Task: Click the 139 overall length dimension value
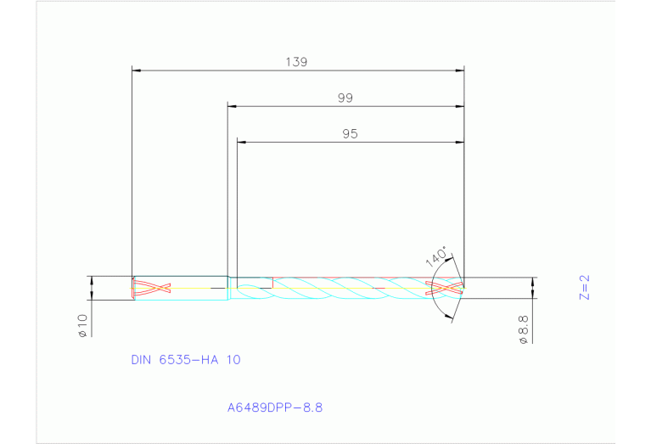tap(296, 62)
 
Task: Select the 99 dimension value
tap(345, 98)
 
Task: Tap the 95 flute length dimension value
tap(350, 134)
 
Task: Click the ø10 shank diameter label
tap(82, 325)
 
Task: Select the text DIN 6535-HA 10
tap(186, 360)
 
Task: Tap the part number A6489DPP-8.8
tap(274, 407)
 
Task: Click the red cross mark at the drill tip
tap(445, 288)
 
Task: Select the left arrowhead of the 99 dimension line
tap(232, 107)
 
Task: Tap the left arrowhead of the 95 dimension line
tap(240, 143)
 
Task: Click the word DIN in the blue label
tap(142, 360)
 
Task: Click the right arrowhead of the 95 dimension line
tap(461, 143)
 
